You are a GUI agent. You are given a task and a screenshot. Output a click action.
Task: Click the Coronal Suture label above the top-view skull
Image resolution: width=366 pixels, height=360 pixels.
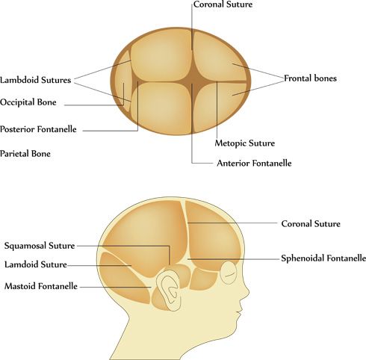point(223,4)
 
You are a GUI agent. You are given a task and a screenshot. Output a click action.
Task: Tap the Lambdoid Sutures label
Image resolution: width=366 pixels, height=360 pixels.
point(36,80)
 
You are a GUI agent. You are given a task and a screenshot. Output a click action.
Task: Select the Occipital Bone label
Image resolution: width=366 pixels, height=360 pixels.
point(28,102)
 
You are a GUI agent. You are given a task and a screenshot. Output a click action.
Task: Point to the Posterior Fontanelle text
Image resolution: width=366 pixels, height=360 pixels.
point(38,129)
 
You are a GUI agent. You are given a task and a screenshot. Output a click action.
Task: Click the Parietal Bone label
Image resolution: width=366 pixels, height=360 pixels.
point(25,153)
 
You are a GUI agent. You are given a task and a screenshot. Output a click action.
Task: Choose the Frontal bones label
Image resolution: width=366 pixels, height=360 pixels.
point(310,78)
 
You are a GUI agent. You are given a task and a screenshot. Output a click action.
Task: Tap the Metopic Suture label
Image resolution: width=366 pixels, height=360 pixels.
point(245,143)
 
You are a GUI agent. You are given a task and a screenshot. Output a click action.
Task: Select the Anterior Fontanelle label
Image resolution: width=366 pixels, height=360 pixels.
point(254,163)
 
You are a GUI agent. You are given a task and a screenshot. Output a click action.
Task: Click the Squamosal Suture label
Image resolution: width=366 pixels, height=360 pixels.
point(40,246)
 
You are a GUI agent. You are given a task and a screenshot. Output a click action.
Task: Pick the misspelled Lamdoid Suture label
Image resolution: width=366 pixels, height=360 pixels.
point(36,264)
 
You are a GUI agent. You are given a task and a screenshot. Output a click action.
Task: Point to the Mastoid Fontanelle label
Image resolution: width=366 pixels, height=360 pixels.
point(41,286)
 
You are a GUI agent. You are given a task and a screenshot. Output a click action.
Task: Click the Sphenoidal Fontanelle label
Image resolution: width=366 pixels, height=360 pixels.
point(323,258)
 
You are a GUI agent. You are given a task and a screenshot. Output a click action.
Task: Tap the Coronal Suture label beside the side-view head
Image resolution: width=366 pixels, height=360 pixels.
point(311,223)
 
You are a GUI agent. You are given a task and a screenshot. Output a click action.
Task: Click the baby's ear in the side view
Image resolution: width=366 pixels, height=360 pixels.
point(168,290)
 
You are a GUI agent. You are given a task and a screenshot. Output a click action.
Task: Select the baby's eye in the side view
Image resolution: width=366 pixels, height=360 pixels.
point(229,273)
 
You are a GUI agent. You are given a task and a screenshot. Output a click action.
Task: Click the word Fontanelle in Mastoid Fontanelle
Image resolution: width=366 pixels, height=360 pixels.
point(58,286)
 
